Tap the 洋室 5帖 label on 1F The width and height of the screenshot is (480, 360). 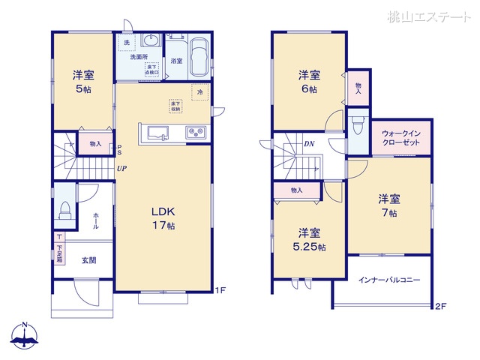tap(82, 80)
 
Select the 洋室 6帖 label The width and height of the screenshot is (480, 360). tap(309, 81)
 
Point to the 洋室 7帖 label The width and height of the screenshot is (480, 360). tap(388, 205)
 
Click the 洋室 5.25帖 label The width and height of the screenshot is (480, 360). tap(309, 239)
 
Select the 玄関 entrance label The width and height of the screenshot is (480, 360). tap(89, 260)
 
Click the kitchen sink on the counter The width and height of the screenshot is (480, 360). tap(157, 133)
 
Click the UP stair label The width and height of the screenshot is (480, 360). tap(120, 169)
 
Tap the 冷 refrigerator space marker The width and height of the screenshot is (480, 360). tap(199, 92)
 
